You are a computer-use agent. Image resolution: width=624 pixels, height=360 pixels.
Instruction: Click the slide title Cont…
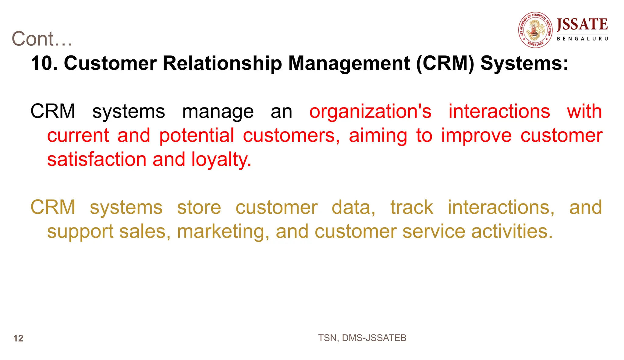pos(42,39)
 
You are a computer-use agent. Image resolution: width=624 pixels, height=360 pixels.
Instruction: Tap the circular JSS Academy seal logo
pos(535,30)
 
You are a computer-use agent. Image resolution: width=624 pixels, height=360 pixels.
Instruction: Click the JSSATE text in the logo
pos(582,24)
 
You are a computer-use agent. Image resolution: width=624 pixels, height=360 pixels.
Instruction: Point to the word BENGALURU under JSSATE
pos(582,39)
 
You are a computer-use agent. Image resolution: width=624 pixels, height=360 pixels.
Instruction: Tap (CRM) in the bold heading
pos(445,63)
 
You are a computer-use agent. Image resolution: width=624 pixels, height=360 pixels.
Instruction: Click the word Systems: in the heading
pos(524,63)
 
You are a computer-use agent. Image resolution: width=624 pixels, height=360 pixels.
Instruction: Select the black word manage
pos(218,111)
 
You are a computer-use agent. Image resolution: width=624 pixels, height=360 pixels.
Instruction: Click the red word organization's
pos(370,111)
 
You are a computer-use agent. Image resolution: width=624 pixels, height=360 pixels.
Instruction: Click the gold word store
pos(199,207)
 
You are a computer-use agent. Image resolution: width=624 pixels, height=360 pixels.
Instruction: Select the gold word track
pos(412,207)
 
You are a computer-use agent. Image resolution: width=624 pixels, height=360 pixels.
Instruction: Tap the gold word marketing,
pos(223,231)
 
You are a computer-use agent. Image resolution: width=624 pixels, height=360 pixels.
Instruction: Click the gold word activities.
pos(512,231)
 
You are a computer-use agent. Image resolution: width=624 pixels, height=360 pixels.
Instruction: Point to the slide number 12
pos(18,338)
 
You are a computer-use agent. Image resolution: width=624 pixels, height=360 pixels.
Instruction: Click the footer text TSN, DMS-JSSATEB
pos(362,338)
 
